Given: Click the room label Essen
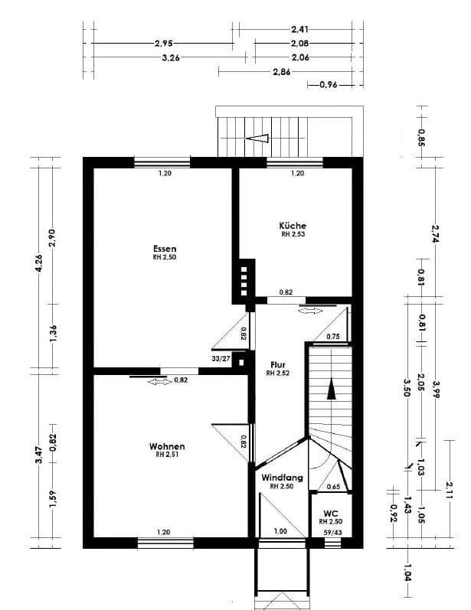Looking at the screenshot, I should [165, 249].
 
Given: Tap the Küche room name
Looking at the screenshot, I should [293, 226].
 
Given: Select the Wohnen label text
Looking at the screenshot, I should [167, 446].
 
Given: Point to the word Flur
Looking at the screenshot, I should [276, 364].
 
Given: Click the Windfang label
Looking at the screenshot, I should [282, 478].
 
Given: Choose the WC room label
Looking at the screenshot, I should [331, 513].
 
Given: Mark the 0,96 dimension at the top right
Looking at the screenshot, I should [329, 85].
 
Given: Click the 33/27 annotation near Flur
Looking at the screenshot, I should [221, 357].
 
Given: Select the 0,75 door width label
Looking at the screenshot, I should [333, 337].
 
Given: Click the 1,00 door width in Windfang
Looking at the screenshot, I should [281, 532].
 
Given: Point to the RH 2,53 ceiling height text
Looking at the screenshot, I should [293, 236].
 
